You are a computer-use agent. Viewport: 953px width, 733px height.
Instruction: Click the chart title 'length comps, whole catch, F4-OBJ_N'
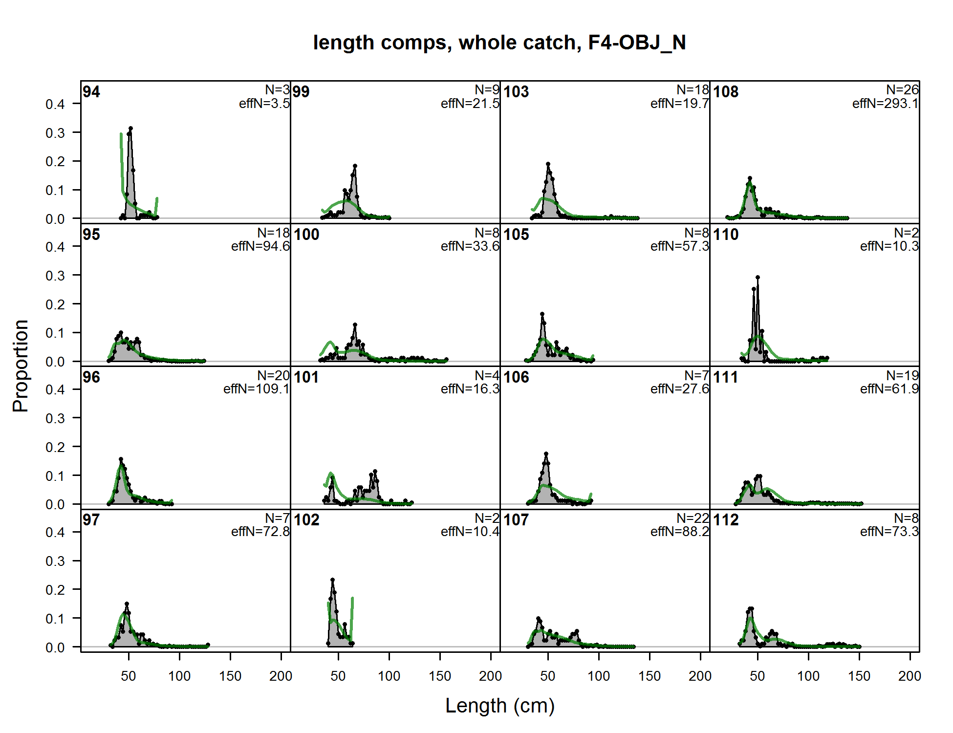point(499,43)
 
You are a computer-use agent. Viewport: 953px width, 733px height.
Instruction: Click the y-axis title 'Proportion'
point(21,366)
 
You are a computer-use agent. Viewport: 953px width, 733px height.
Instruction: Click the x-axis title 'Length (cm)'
point(499,706)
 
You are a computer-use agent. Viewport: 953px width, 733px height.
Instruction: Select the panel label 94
point(91,92)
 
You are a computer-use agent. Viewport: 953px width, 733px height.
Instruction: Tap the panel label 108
point(726,92)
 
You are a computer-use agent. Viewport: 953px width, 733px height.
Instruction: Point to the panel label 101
point(306,377)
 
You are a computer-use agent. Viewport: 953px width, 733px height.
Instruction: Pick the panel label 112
point(726,520)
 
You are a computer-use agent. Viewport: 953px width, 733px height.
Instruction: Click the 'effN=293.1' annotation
point(885,104)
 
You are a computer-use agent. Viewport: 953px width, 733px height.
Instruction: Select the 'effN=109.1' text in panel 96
point(257,389)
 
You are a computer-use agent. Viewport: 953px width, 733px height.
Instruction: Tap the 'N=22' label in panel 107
point(693,517)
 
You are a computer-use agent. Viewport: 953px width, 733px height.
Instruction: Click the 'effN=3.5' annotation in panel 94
point(264,104)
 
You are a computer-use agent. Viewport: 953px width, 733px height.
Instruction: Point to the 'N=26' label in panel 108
point(902,89)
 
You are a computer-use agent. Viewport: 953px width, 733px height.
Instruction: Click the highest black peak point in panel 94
point(130,129)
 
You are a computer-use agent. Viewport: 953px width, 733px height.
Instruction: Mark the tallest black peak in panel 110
point(758,277)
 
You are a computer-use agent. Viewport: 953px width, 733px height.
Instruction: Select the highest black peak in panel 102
point(333,580)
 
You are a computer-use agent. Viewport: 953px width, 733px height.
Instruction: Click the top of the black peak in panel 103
point(548,164)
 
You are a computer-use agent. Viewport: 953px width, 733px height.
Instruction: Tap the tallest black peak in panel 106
point(546,454)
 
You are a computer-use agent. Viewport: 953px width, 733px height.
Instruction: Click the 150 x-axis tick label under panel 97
point(230,676)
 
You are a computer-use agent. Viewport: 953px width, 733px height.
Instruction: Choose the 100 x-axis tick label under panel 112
point(808,676)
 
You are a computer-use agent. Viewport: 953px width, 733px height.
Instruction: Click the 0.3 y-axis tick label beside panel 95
point(55,276)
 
